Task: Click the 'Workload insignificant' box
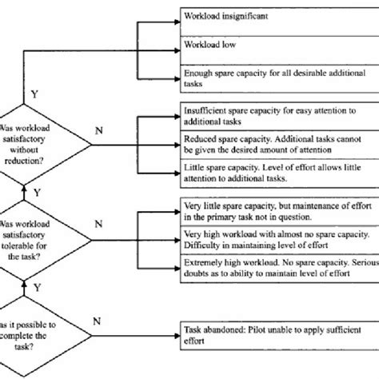(280, 22)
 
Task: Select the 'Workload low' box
(280, 50)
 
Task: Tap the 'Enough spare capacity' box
(280, 78)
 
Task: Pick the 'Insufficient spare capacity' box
(280, 116)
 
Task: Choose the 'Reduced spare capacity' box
(280, 145)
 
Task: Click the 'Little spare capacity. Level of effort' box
(280, 174)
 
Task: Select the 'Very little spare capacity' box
(280, 212)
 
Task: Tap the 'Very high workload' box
(280, 240)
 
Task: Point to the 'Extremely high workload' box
(280, 269)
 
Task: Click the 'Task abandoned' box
(280, 336)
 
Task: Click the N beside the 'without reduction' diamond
(99, 130)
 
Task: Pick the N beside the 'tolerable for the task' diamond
(98, 224)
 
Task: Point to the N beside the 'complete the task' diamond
(97, 321)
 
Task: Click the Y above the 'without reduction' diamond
(34, 94)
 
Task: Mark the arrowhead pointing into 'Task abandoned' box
(178, 336)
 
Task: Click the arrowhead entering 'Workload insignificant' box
(178, 22)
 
